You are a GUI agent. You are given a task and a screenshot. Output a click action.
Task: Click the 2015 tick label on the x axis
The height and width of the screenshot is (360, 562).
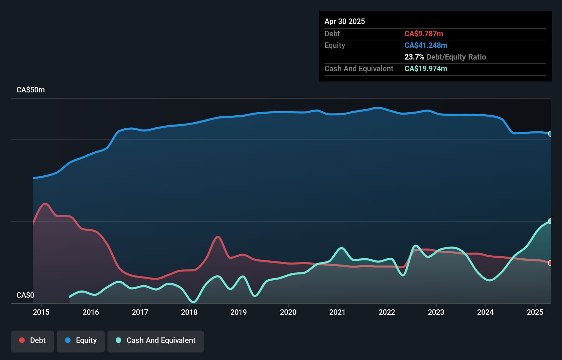[41, 312]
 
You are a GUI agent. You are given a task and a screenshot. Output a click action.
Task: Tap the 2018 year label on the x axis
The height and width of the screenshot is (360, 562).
[189, 312]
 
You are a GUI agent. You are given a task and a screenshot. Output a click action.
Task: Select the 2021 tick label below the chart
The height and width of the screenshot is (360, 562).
[337, 312]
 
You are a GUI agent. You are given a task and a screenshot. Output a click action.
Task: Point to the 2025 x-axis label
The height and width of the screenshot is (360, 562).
[535, 312]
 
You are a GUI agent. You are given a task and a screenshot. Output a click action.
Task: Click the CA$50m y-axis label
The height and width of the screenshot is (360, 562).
[30, 90]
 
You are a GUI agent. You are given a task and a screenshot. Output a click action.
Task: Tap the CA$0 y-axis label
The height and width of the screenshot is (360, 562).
[25, 295]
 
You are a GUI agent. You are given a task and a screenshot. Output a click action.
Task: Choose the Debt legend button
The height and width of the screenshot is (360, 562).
[33, 340]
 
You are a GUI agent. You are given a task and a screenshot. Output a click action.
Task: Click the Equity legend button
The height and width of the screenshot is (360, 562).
[81, 340]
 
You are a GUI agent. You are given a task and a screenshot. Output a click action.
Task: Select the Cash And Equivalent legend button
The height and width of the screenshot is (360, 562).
[156, 340]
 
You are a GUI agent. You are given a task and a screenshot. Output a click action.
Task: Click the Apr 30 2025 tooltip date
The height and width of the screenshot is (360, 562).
[345, 21]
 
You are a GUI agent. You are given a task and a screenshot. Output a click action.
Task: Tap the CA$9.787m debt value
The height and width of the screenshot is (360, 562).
[424, 34]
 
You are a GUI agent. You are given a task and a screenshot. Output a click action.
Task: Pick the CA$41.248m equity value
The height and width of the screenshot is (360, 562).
[426, 45]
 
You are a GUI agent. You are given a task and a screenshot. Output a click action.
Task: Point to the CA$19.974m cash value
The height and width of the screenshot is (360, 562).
[426, 68]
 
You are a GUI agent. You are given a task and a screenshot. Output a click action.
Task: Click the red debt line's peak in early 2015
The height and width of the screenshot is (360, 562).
[45, 203]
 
